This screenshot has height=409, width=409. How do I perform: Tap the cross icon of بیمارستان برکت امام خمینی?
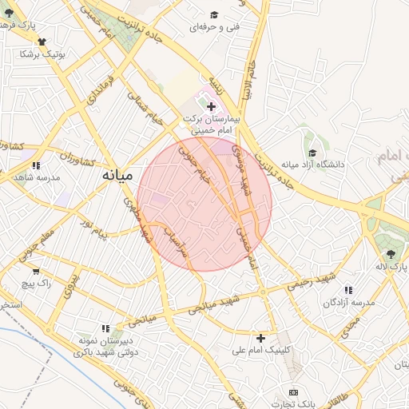point(211,106)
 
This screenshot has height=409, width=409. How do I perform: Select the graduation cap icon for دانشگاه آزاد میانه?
point(312,153)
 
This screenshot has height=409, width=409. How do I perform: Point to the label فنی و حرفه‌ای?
point(213,27)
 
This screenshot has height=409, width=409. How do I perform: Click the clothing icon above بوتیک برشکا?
point(42,42)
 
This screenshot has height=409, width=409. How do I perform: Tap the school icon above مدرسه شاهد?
point(36,165)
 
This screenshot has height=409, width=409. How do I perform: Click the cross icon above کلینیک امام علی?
point(260,338)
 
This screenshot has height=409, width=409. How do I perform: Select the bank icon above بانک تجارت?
point(293,392)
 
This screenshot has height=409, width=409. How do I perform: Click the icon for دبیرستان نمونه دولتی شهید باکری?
point(105,328)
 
